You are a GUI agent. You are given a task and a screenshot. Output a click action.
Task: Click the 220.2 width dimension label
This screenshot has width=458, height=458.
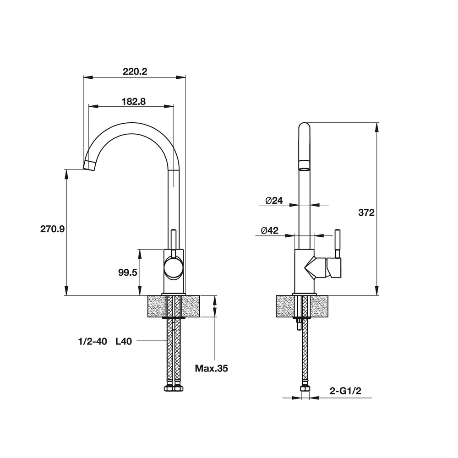coord(134,71)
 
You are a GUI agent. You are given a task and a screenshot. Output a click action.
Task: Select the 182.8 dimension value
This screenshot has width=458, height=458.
coord(134,102)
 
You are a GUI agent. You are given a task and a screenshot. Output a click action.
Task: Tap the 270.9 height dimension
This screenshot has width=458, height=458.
coord(52,229)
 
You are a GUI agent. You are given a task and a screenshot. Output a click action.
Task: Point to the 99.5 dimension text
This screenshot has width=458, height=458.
coord(128,273)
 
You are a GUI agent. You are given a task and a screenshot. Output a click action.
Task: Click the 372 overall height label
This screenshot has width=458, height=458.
coord(366,213)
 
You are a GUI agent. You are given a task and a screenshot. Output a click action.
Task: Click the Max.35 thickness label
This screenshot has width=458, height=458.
coord(211,368)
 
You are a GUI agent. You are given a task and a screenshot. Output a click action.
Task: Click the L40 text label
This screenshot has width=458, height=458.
coord(124,341)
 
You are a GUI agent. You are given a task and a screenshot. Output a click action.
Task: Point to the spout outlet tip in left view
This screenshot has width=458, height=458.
coord(89,165)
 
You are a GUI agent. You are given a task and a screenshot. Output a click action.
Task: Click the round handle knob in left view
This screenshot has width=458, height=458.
coord(174,267)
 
